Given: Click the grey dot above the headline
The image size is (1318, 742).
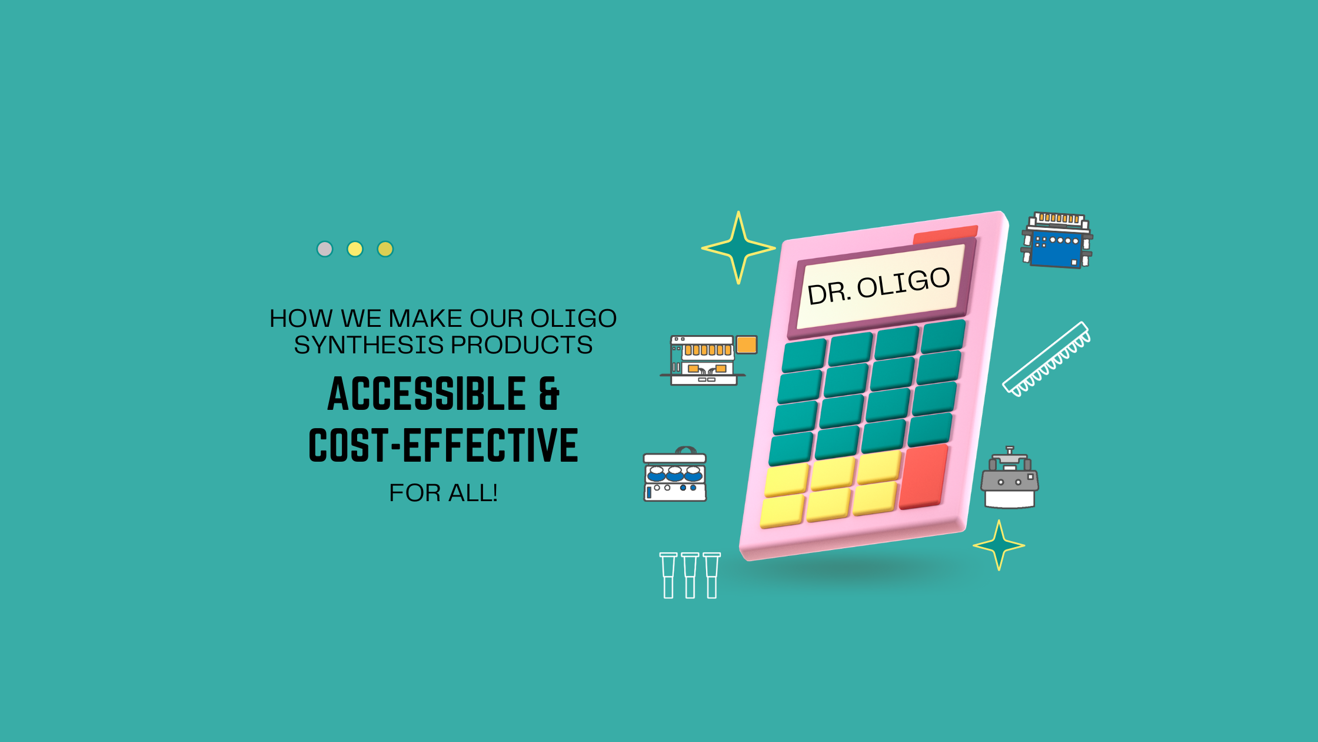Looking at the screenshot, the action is click(x=325, y=249).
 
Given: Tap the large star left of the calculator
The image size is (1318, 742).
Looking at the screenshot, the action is click(x=738, y=248).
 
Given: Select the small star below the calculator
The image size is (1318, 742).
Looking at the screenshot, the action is click(x=999, y=545).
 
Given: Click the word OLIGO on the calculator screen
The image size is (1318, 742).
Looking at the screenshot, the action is click(x=904, y=283).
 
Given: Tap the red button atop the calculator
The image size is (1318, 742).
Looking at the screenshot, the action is click(x=945, y=234).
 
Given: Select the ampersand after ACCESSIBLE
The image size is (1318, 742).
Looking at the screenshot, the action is click(x=549, y=394).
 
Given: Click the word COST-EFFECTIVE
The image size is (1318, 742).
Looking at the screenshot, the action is click(x=444, y=445).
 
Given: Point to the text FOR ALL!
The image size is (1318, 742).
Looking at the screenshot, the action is click(x=444, y=493).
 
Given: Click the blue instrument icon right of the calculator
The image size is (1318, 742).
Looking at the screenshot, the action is click(x=1057, y=240).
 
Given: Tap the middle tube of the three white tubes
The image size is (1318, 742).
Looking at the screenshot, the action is click(x=690, y=575).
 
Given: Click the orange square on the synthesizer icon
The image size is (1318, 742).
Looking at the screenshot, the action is click(x=747, y=344).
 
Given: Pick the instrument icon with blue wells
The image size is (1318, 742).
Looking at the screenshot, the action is click(x=675, y=474).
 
